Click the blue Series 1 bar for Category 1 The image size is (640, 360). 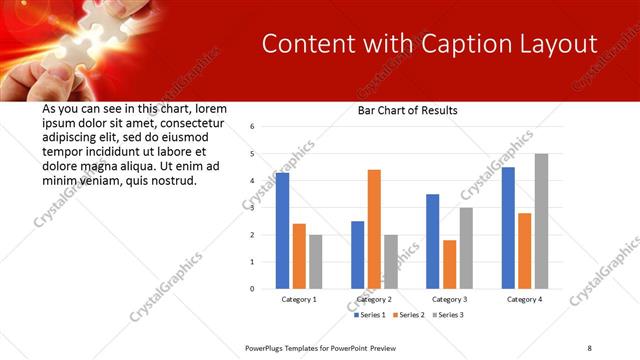pos(282,231)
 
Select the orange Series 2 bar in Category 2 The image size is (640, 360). pos(374,229)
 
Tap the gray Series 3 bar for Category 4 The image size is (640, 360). pos(541,221)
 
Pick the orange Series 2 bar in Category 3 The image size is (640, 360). pos(449,264)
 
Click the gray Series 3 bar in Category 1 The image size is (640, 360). pos(316,262)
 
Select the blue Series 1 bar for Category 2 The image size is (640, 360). pos(357,255)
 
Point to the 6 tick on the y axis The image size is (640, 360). pos(253,127)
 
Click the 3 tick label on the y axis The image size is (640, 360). pos(253,208)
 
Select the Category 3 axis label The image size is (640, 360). pos(449,299)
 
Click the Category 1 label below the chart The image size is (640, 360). pos(299,299)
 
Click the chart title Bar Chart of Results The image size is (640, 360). pos(408,111)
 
